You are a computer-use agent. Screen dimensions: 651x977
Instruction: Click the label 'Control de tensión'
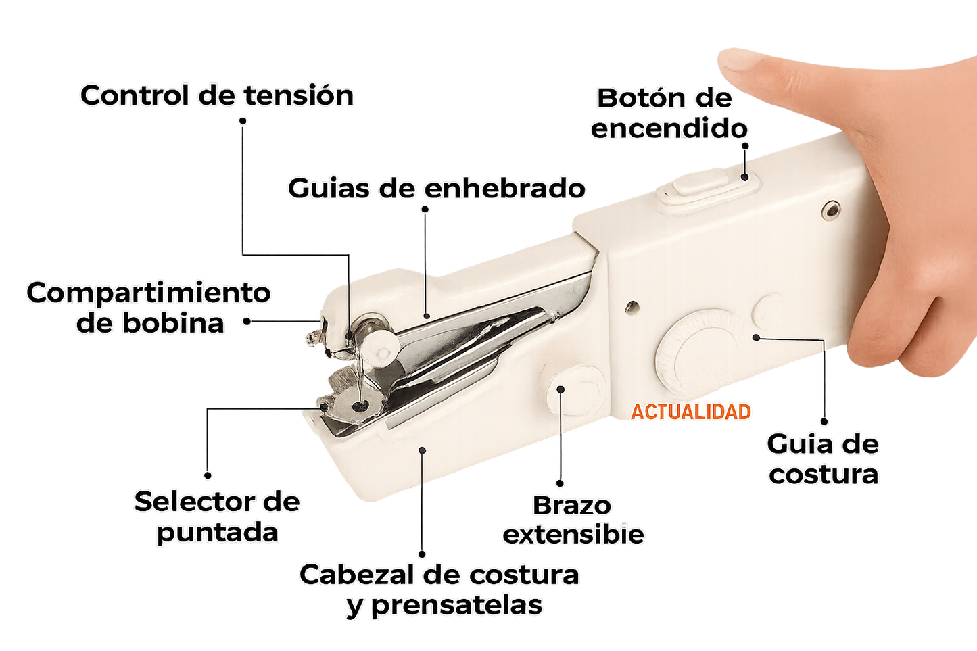[218, 95]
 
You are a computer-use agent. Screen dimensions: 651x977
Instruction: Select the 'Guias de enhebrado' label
[437, 188]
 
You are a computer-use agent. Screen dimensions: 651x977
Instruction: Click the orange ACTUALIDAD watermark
[691, 412]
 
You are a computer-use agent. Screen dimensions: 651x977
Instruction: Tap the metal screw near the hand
[830, 211]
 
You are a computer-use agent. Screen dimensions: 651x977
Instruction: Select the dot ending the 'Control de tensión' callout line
[243, 121]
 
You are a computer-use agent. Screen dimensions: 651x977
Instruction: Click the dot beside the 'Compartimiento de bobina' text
[248, 322]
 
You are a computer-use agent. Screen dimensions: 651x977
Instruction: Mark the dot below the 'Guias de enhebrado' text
[425, 209]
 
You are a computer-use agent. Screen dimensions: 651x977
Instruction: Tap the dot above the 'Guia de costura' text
[824, 420]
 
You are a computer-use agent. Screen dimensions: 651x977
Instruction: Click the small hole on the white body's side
[633, 308]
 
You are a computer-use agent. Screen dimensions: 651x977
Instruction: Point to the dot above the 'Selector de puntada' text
[208, 477]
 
